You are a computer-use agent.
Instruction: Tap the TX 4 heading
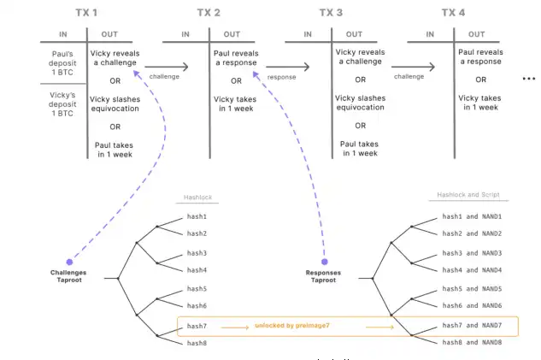454,13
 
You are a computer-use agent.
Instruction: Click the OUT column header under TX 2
232,34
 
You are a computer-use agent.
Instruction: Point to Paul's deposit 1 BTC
64,64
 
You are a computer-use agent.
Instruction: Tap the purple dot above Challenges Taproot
68,262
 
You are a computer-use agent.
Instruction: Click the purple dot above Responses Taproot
324,262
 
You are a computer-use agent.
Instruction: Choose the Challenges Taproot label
68,276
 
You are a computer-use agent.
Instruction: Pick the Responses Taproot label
324,276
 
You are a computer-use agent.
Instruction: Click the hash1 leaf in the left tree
197,217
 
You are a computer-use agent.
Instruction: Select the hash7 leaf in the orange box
197,326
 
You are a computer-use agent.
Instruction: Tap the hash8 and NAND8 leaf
471,343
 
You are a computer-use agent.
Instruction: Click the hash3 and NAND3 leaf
471,253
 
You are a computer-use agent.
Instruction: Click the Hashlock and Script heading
469,196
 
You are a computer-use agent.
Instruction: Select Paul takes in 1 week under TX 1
116,149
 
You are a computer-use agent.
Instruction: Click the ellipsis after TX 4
528,79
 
